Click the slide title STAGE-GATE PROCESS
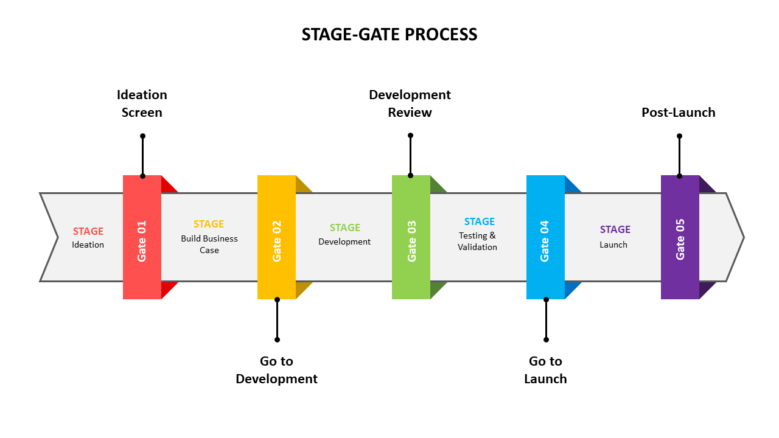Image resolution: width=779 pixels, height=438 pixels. (x=389, y=35)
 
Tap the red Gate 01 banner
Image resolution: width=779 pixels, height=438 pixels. (x=142, y=237)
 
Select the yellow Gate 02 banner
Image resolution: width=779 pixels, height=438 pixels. (x=276, y=237)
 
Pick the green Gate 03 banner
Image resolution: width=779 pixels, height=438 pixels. (x=411, y=237)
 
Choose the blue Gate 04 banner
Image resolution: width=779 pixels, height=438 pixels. (x=545, y=237)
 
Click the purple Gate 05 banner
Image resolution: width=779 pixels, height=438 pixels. (x=680, y=237)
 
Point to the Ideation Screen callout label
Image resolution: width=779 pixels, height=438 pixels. (x=142, y=103)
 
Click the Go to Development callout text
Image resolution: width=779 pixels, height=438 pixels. (x=276, y=370)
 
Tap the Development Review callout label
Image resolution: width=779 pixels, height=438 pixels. (x=410, y=103)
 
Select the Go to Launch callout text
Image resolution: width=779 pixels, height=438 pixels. (x=545, y=370)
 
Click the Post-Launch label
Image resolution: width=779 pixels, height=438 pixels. (x=679, y=113)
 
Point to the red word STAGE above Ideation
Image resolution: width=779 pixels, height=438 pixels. (x=88, y=231)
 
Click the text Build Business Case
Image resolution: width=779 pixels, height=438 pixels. (x=209, y=244)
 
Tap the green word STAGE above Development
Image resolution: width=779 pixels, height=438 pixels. (x=345, y=228)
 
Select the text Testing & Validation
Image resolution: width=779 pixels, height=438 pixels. (x=478, y=241)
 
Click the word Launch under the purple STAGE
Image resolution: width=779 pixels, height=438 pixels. (x=613, y=245)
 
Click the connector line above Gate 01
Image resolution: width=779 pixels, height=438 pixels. (x=142, y=156)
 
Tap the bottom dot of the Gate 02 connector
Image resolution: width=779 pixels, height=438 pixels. (x=277, y=339)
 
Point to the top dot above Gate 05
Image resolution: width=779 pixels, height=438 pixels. (x=679, y=136)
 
